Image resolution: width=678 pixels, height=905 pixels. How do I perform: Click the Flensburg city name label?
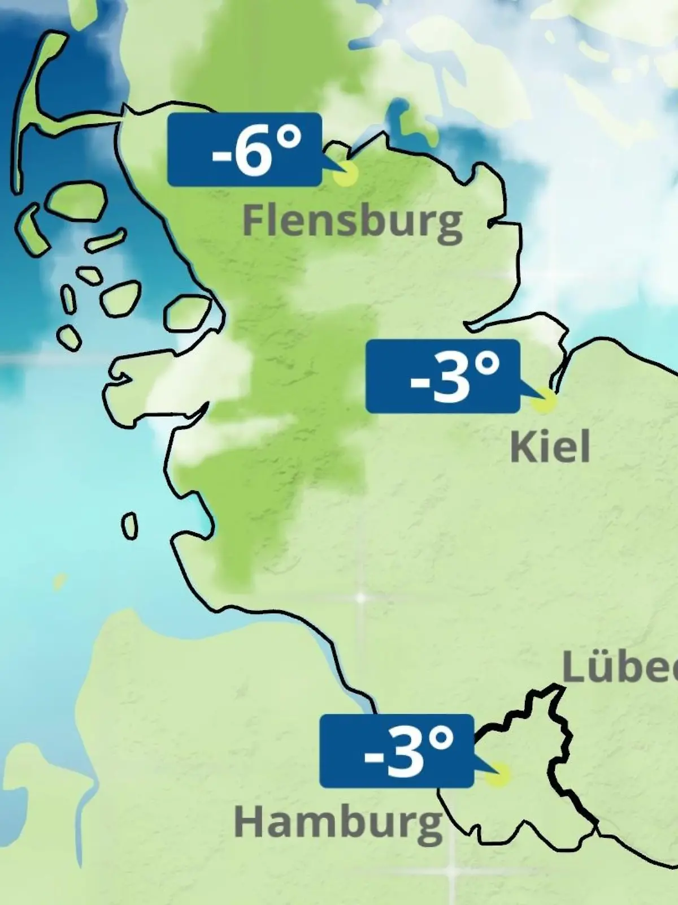click(x=352, y=222)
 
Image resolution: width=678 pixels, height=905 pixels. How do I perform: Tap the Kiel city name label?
click(x=550, y=447)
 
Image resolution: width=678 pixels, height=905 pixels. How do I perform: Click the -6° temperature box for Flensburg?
click(x=245, y=149)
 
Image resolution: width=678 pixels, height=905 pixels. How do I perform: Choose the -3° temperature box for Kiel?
click(x=442, y=376)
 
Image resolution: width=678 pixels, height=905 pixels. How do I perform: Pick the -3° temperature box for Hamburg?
click(x=396, y=751)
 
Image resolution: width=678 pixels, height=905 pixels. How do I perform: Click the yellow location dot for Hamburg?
click(x=498, y=775)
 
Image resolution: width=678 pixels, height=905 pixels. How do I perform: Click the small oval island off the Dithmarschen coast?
click(x=130, y=526)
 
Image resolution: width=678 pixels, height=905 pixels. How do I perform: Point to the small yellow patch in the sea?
click(x=59, y=581)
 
